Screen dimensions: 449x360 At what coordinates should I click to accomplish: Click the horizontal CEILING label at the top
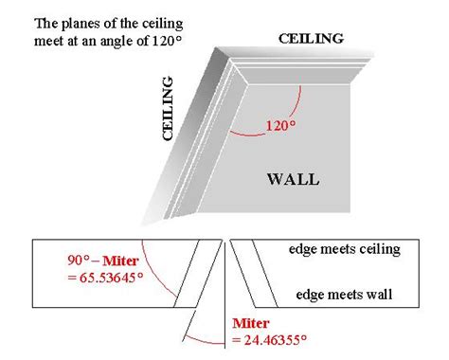(311, 39)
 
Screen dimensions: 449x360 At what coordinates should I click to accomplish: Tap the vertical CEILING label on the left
(168, 108)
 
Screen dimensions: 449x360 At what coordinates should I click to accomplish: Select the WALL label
(294, 179)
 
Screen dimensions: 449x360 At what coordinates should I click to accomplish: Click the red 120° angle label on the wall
(280, 125)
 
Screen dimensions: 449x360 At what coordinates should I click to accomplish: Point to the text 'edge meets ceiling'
(345, 249)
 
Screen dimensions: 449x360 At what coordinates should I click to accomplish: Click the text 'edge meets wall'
(344, 295)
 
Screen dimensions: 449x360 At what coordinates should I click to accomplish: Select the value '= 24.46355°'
(269, 340)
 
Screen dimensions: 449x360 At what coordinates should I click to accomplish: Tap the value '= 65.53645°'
(105, 278)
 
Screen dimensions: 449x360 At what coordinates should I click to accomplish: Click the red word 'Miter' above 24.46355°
(251, 323)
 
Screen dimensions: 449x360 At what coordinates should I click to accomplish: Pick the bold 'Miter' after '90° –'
(120, 261)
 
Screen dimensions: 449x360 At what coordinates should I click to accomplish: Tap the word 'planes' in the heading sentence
(75, 25)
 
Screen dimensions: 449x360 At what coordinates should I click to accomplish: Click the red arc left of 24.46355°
(202, 340)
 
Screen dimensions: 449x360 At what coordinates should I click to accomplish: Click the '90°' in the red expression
(79, 261)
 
